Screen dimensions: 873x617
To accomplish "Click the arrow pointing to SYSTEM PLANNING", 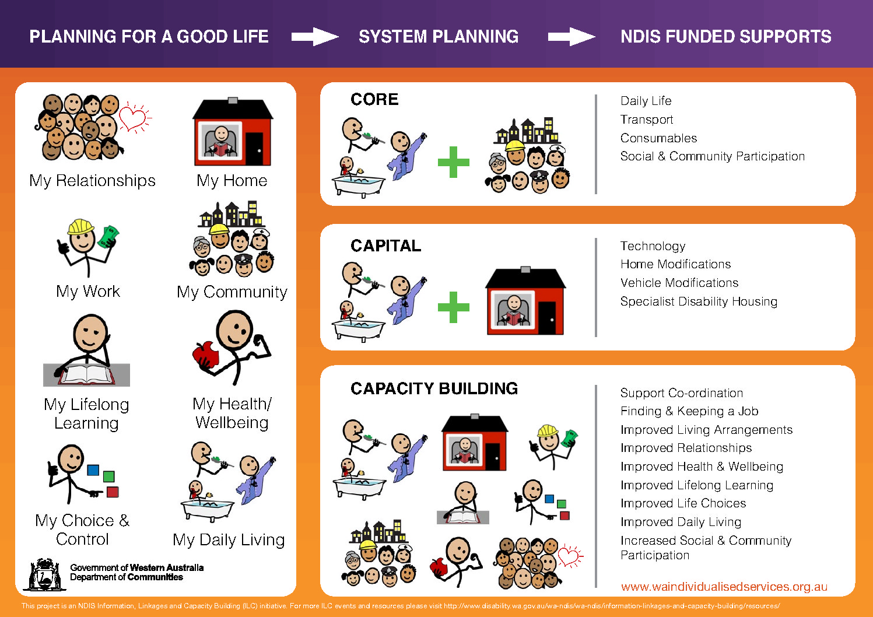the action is [x=315, y=37].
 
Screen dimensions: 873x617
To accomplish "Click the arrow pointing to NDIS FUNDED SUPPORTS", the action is [x=572, y=37].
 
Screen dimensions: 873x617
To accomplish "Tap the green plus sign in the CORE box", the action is [x=453, y=162].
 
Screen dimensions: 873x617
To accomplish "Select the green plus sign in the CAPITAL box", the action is [x=453, y=307].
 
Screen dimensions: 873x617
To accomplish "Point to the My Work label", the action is [x=88, y=292].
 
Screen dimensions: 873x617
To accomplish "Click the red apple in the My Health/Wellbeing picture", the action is [x=205, y=355].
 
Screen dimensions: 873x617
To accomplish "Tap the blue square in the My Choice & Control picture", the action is [x=93, y=470].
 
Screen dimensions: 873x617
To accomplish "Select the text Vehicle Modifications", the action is [x=679, y=283].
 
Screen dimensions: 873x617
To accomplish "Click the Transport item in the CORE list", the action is [x=647, y=120].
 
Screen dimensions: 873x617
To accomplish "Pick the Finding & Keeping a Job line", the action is [x=689, y=411].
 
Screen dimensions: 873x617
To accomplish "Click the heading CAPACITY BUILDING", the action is [x=434, y=388].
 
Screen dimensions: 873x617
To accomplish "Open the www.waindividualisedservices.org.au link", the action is [x=724, y=587].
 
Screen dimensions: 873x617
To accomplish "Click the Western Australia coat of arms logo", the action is [x=44, y=574].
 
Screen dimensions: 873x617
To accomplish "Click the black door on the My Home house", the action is [x=254, y=148].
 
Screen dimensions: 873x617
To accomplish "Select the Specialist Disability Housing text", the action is [x=699, y=302].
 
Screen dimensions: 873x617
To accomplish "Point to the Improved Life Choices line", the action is [x=683, y=503].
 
